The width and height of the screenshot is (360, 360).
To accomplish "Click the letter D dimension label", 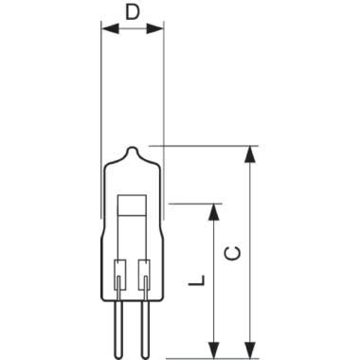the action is coord(133,11).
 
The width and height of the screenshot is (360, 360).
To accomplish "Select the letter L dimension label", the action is coord(197,280).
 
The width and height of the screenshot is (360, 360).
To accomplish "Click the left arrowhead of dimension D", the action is coord(110,29).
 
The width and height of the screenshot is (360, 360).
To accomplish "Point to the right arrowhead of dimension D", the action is coord(155,29).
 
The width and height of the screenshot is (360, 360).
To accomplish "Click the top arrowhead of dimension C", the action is coord(250,154).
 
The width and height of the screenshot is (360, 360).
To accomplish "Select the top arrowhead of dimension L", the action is coord(214,212).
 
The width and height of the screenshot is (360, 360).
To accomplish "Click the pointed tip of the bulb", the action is coord(133,147).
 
